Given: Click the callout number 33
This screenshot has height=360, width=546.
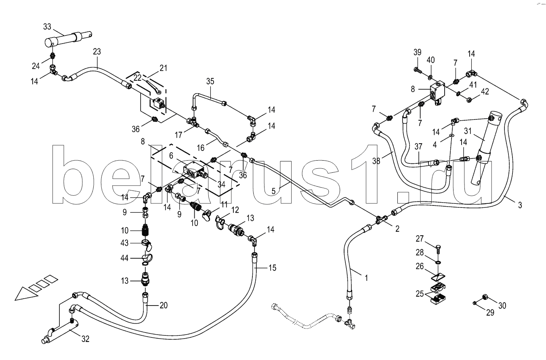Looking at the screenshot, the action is coord(47,27).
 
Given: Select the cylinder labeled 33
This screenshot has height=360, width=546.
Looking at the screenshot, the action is coord(69,39).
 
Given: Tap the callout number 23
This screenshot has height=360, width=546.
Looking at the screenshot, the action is coord(97,52).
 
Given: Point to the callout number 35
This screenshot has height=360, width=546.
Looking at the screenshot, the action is coord(210,82).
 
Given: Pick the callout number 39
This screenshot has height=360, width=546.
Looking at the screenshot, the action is coord(417,52).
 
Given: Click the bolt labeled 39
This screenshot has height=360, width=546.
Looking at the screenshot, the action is coord(418,71).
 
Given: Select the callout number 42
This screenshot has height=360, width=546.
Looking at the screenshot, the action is coord(485,92).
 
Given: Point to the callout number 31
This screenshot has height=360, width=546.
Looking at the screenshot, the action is coord(468,131).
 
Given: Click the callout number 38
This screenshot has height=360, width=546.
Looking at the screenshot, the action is coord(376,161).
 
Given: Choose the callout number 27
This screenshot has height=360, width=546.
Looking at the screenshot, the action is coord(420,239).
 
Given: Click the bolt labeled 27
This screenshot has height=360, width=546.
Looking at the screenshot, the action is coord(438,250).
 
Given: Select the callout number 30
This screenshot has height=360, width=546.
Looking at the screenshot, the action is coord(502,306).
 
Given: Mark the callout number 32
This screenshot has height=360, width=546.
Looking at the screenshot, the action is coord(85,339).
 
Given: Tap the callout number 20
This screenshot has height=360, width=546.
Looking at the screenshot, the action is coord(164,305).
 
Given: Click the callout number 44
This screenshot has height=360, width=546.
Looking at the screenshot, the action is coord(124,258).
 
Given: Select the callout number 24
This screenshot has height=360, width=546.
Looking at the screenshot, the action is coord(36,66).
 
